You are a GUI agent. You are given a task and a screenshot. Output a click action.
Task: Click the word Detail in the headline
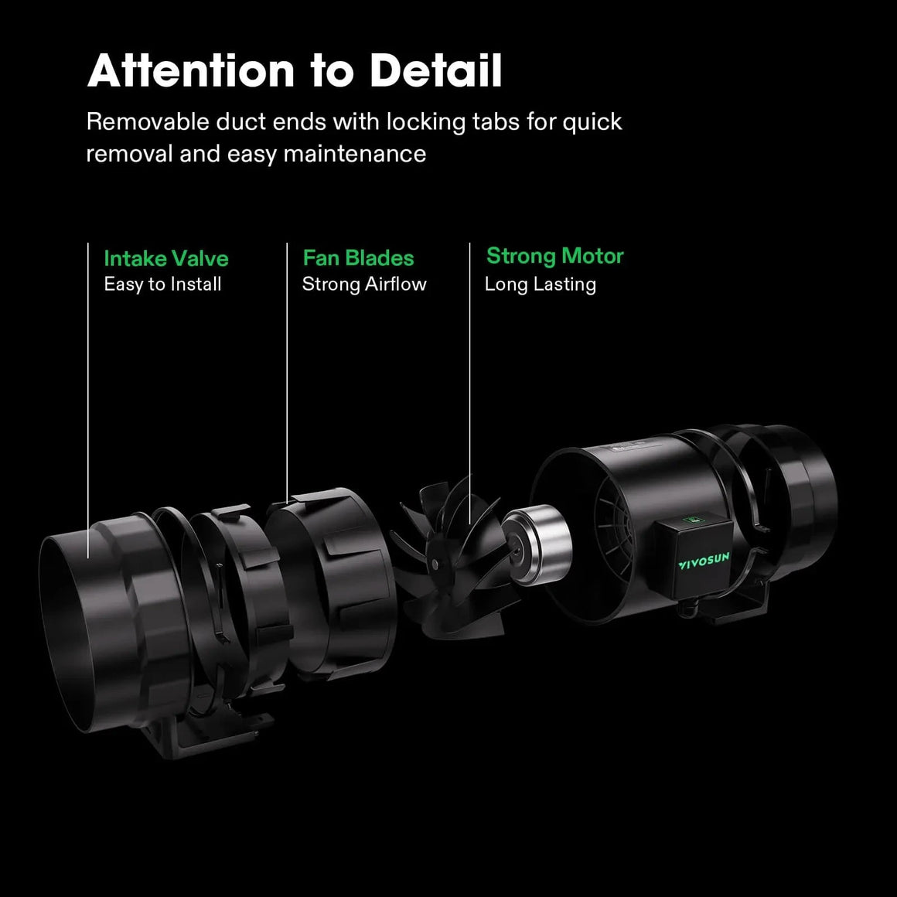[x=436, y=71]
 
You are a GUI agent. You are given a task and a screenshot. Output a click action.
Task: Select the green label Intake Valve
[x=166, y=258]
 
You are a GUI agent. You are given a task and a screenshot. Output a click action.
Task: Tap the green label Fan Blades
[x=358, y=258]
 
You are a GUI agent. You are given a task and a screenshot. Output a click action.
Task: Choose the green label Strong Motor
[x=554, y=256]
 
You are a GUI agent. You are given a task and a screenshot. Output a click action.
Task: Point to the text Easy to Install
[x=162, y=285]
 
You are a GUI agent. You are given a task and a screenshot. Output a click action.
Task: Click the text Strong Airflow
[x=364, y=285]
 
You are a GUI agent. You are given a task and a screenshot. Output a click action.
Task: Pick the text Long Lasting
[x=540, y=285]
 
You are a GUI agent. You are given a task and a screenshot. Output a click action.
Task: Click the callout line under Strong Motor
[x=469, y=387]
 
